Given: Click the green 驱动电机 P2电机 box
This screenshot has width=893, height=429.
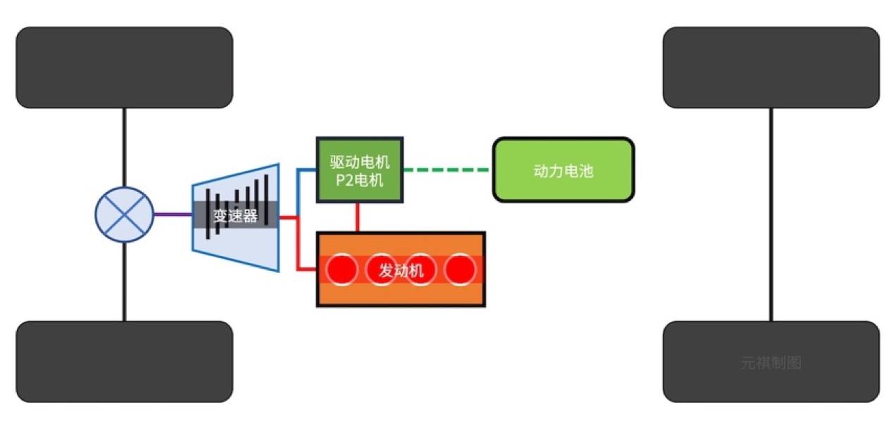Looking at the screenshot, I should [359, 170].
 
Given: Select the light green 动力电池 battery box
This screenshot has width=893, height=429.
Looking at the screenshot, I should [563, 170].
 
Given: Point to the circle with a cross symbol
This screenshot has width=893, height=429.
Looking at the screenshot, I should [125, 215].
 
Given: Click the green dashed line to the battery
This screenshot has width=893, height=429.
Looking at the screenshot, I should [447, 170].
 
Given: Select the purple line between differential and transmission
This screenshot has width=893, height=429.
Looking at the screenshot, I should [173, 215].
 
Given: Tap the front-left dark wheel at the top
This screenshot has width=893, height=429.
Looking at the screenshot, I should [125, 68].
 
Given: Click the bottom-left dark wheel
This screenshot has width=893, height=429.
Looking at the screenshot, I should [125, 361].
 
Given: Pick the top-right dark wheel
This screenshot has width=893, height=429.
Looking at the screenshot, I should [771, 68].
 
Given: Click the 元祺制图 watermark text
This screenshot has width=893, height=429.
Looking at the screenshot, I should [771, 364].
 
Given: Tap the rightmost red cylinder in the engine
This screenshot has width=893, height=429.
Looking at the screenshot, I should [461, 269].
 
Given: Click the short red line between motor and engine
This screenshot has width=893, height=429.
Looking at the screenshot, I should [358, 217].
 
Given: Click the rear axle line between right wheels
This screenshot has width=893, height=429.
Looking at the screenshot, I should [771, 214].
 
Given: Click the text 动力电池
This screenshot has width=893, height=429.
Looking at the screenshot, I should [563, 171].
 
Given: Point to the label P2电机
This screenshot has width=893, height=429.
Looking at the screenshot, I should [359, 180].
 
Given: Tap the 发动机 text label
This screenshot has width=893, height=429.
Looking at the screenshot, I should [401, 270].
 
